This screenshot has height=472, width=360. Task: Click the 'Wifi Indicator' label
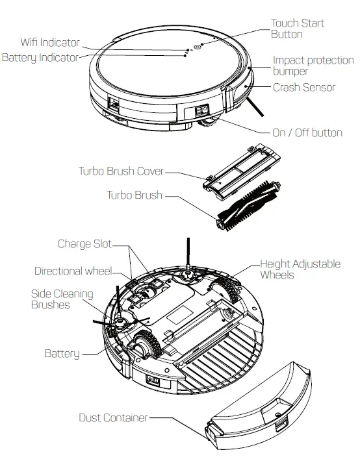pos(50,43)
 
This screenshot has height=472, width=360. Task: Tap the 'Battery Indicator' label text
pos(40,58)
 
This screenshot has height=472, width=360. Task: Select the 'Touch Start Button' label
pos(297,29)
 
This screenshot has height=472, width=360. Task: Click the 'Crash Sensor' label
pos(304,87)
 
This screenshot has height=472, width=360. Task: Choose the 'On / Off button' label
pos(307,132)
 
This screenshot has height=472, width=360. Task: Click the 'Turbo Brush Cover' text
pos(121,171)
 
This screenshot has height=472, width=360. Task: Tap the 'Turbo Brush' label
pos(134,195)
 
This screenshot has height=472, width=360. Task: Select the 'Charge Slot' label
pos(84,244)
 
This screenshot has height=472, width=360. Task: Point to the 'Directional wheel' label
pos(73,271)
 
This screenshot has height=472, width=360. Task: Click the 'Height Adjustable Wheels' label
pos(300,269)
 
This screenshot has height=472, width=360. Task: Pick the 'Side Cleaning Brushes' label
pos(62,299)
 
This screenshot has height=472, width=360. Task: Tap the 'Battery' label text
pos(62,354)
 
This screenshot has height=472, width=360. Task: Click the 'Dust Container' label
pos(113,417)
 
